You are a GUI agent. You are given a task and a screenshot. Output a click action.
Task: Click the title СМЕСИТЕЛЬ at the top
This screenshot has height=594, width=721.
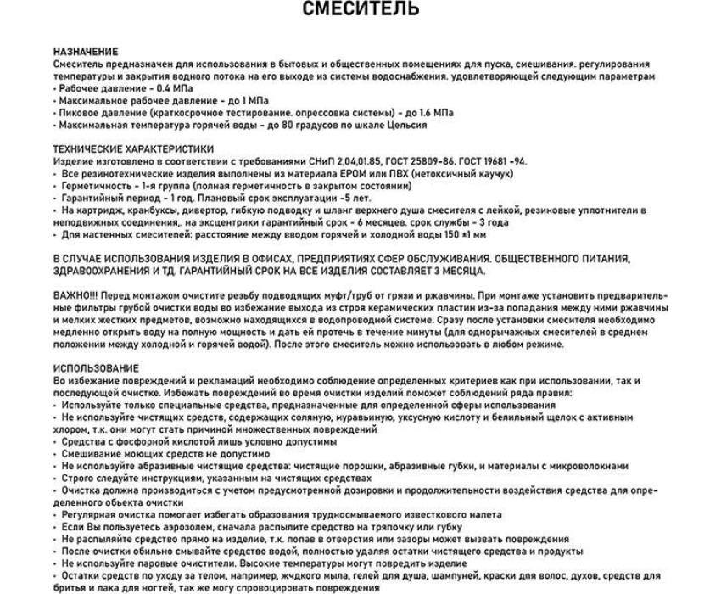point(360,10)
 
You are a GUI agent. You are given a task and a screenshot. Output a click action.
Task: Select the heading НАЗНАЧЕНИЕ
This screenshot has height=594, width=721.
point(86,52)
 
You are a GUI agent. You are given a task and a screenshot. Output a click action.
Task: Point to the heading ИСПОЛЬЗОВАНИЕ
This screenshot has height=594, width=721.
point(96,367)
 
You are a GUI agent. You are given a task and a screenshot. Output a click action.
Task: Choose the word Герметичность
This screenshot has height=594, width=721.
point(96,185)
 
